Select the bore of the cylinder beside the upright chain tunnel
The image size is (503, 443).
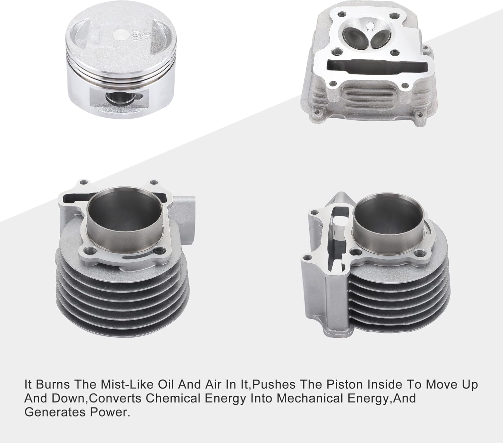click(388, 219)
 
